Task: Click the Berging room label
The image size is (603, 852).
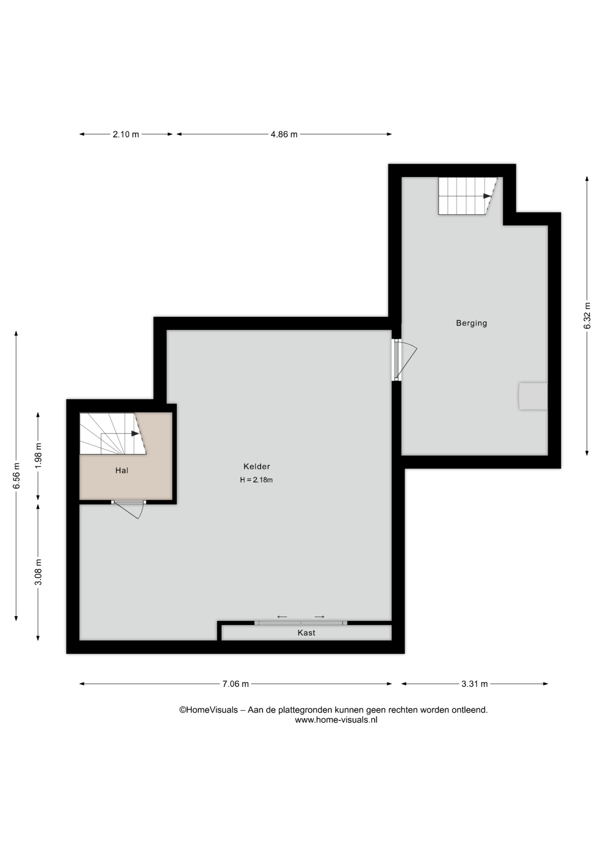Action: click(x=471, y=323)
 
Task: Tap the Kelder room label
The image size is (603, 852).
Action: click(x=257, y=466)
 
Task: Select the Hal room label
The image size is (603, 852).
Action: click(x=122, y=470)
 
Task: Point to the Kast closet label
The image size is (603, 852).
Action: click(x=306, y=633)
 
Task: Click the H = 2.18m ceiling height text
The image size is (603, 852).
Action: click(x=256, y=480)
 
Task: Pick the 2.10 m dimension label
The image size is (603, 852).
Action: click(x=126, y=134)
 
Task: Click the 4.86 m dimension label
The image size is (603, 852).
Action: click(x=284, y=134)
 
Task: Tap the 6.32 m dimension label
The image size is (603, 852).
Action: click(x=587, y=316)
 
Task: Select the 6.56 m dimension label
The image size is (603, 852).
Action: click(x=16, y=476)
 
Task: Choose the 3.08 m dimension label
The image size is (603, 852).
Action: click(x=38, y=572)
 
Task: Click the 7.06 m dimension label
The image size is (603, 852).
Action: click(x=235, y=684)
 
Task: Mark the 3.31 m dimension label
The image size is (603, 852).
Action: click(x=474, y=684)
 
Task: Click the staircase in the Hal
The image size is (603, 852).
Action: click(x=113, y=434)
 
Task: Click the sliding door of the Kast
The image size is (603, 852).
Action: click(x=301, y=623)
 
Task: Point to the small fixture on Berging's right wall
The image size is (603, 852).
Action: click(x=533, y=396)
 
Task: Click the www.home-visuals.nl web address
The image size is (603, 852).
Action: click(x=336, y=720)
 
